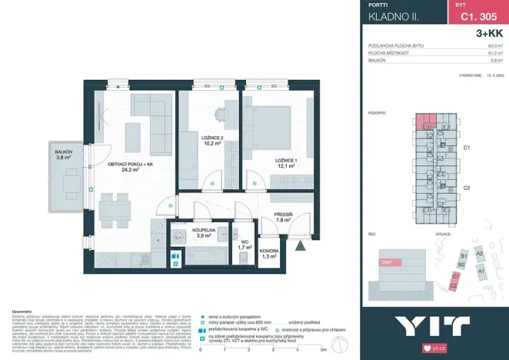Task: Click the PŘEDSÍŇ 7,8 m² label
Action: [283, 217]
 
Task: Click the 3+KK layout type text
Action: [489, 33]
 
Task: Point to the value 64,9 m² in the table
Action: [494, 46]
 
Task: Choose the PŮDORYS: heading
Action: [377, 112]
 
